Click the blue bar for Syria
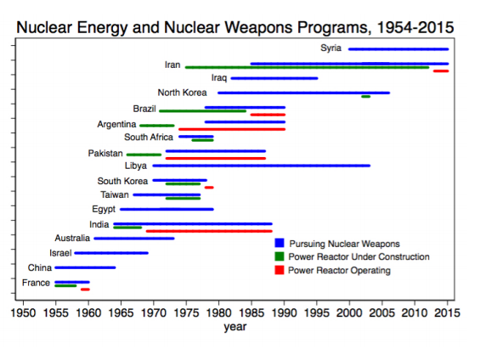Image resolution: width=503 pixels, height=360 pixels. (398, 49)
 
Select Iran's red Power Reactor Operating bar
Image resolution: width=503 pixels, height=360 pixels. (441, 70)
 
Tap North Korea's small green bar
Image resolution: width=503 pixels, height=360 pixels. (365, 97)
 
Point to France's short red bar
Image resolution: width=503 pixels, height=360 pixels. (85, 290)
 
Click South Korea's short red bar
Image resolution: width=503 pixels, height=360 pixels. (209, 188)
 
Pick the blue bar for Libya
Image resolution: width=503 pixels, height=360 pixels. (262, 166)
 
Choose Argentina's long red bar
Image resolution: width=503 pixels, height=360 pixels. (232, 129)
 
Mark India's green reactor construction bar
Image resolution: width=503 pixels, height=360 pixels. (127, 228)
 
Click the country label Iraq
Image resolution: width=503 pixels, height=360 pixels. (219, 78)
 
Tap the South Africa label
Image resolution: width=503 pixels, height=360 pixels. (149, 138)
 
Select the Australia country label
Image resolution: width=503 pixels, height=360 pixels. (72, 239)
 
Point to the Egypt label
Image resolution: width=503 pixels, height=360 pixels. (104, 210)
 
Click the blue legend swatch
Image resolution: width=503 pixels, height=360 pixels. (280, 243)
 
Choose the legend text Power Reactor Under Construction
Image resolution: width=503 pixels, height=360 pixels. (359, 256)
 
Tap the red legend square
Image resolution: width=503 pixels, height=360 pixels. (280, 270)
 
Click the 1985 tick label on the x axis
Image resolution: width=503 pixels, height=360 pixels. (251, 312)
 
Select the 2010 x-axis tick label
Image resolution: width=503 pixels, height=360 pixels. (415, 312)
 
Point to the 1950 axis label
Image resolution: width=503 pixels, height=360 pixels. (23, 312)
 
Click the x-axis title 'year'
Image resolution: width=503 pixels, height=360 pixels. (235, 327)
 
